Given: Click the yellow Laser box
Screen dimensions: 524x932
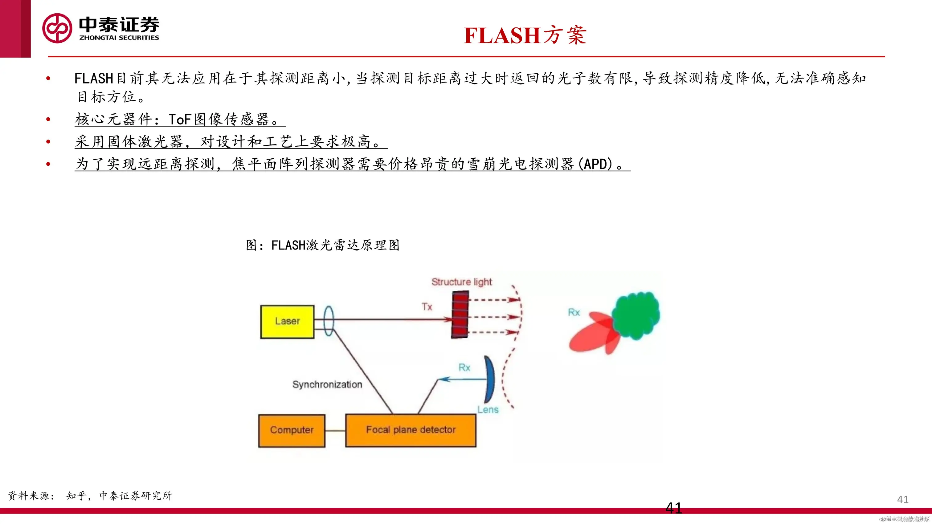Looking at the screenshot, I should (x=287, y=322).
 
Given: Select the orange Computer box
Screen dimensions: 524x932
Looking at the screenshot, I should (x=292, y=430).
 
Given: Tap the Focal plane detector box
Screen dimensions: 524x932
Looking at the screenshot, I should (x=411, y=430).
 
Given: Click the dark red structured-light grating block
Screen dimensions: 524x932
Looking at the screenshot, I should (x=460, y=315).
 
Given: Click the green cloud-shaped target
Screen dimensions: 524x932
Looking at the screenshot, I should (x=636, y=315).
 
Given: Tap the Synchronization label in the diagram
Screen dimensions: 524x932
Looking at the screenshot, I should (x=327, y=384).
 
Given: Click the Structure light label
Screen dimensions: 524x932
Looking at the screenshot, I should (x=462, y=282).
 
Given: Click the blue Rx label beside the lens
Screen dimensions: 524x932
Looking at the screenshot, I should (x=464, y=368).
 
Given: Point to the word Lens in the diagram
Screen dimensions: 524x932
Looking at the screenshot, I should (x=488, y=410).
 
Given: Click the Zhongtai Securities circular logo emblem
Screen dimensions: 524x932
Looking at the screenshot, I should (x=57, y=28).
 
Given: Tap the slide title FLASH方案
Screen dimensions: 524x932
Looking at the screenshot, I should (x=525, y=35).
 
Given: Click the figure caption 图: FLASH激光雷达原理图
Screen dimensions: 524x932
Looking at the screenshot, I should (x=323, y=245).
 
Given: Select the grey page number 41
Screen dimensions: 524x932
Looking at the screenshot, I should (x=903, y=499).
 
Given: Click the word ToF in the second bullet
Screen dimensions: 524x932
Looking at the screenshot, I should (x=180, y=119).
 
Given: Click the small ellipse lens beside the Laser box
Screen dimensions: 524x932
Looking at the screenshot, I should (x=329, y=321).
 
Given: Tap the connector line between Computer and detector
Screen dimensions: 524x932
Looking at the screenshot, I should (x=335, y=431).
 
